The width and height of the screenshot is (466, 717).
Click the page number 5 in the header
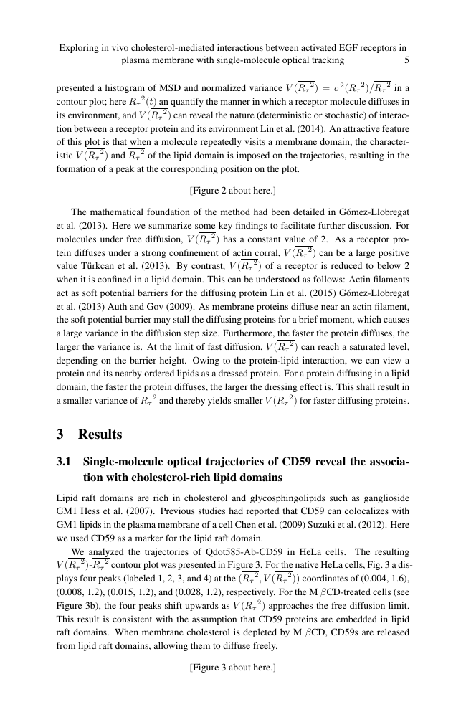point(406,61)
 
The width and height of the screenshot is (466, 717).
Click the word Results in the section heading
point(100,435)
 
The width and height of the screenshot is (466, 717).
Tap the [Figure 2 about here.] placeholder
point(232,191)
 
